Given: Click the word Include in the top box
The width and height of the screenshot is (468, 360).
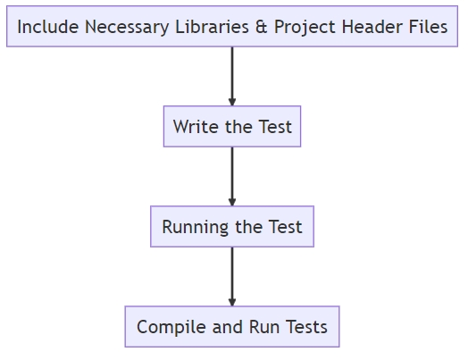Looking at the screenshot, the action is (48, 27).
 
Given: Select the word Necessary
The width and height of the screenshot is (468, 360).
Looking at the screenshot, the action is (127, 28).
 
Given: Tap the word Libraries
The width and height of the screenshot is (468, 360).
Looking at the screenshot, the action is (212, 27).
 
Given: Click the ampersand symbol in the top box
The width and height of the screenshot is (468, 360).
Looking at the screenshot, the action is (261, 27).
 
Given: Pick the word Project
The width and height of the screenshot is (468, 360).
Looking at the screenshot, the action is (305, 28).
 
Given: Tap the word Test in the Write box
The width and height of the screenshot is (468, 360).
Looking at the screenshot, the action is (275, 127).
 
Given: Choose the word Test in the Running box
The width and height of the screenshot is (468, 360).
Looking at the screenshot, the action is (285, 227).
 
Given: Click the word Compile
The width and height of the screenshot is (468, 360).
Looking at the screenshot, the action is (171, 328).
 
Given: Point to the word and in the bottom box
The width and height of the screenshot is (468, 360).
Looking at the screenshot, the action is (227, 327).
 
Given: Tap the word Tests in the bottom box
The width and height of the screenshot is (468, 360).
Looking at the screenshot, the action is (306, 327).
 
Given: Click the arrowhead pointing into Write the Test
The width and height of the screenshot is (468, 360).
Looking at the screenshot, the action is (232, 102).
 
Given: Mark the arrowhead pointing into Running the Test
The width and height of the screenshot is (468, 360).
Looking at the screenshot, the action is (232, 202).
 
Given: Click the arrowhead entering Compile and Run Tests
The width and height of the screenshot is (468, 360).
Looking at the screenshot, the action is (232, 302).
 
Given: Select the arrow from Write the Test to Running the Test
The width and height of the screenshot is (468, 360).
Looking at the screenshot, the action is (232, 176).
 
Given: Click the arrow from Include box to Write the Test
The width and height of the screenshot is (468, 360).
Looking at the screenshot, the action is (232, 77).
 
